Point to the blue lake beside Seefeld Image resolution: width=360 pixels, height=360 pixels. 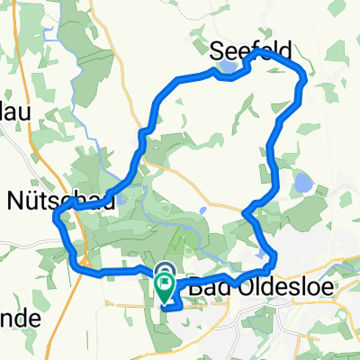[227, 67]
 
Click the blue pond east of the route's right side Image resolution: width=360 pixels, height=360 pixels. [301, 184]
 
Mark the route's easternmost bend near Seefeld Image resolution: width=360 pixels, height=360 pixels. [304, 84]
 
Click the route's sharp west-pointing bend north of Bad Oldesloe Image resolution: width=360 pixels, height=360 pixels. [246, 210]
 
